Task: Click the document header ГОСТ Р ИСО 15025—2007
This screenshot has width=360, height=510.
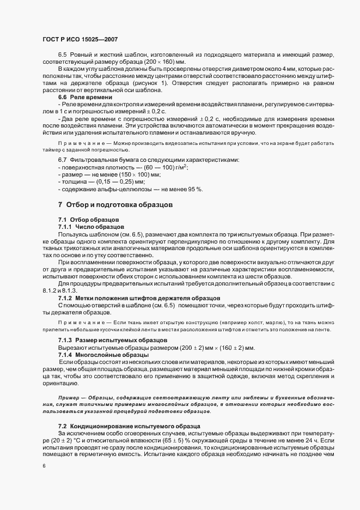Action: [80, 40]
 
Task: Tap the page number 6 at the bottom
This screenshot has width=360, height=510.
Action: [44, 466]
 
